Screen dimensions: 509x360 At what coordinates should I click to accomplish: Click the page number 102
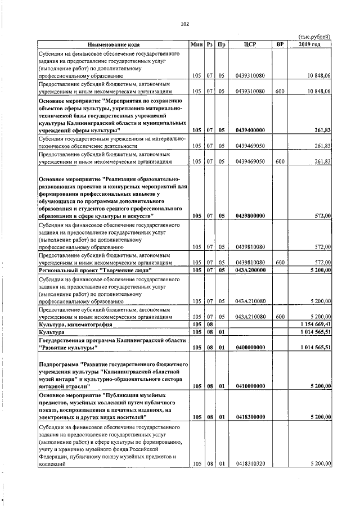184,24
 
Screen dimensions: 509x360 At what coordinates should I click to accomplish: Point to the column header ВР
280,44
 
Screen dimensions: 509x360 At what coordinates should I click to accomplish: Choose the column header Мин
196,44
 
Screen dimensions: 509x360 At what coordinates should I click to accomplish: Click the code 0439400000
250,130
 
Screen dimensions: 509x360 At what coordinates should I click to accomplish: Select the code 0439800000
250,215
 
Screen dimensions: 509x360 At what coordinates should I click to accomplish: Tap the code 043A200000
250,270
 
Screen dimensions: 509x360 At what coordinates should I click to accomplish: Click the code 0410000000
250,386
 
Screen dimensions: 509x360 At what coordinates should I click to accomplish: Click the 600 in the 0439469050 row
280,161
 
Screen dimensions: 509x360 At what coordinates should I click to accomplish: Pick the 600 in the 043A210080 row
280,317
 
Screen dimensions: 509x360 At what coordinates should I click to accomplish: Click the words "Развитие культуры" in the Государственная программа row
65,348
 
